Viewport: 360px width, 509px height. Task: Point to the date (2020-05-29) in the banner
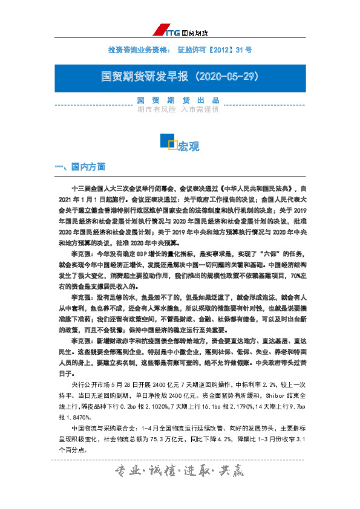point(224,77)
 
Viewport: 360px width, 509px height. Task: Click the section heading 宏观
point(188,146)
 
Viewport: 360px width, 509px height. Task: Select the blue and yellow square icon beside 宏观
point(168,142)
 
